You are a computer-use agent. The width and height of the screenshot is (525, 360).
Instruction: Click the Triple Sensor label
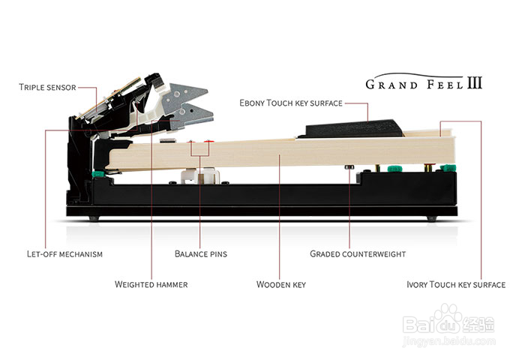(x=47, y=88)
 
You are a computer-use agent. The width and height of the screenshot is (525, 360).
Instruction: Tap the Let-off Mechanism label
(x=64, y=254)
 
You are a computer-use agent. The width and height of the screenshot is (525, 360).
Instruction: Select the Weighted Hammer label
(x=151, y=285)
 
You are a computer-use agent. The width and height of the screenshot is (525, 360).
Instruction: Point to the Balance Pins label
(x=201, y=254)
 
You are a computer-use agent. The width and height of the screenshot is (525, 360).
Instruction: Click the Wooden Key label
(x=281, y=285)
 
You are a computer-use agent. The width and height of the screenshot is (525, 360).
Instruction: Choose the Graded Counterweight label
(x=358, y=254)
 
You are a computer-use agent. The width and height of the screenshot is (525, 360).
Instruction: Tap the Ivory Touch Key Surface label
(x=456, y=285)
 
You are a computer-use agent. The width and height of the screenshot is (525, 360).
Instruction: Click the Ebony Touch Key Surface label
(x=291, y=103)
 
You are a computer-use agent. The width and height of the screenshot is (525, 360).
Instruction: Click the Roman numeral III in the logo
(x=475, y=83)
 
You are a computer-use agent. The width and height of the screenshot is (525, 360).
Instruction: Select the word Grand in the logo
(x=391, y=85)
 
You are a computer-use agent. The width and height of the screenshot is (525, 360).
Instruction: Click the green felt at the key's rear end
(x=97, y=174)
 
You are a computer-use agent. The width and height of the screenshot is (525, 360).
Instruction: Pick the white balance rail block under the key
(x=200, y=175)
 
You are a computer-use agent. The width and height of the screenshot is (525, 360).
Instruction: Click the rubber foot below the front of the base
(x=432, y=219)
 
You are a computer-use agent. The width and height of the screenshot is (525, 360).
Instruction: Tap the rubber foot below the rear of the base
(x=94, y=219)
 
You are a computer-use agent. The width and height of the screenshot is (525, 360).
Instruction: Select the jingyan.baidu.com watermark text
(x=449, y=341)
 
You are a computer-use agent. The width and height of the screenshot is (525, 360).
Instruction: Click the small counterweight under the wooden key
(x=349, y=166)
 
